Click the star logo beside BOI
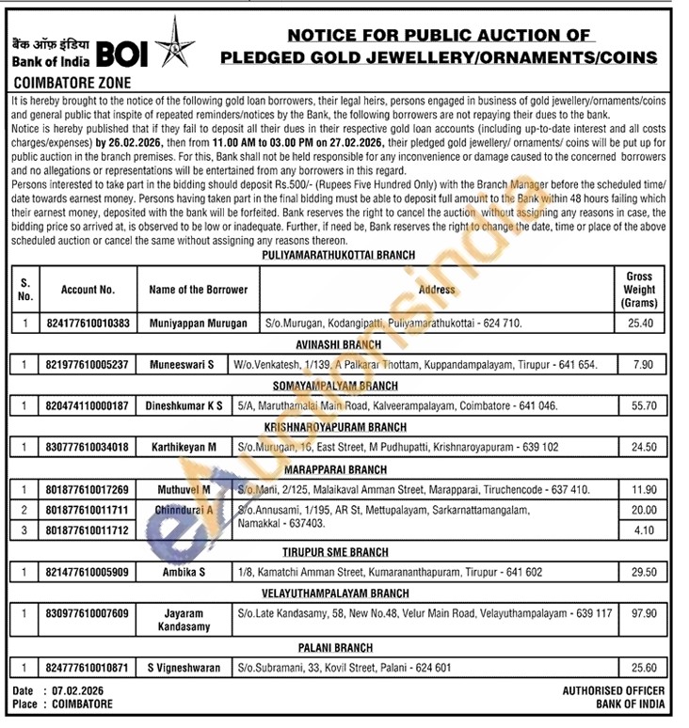pos(173,42)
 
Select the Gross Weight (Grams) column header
pos(639,290)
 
